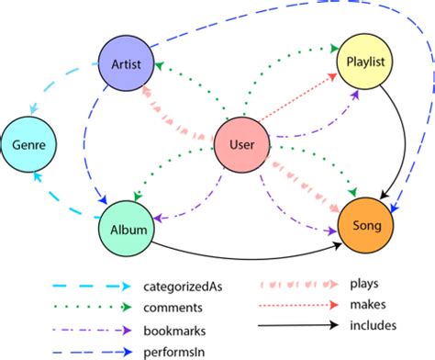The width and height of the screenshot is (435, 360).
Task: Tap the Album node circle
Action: (x=124, y=230)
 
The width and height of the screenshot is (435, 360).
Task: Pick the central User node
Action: (x=241, y=145)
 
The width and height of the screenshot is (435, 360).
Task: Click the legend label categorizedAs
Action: (x=188, y=286)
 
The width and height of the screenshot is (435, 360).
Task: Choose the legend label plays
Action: (x=366, y=285)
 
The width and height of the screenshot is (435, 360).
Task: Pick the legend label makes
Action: (x=368, y=305)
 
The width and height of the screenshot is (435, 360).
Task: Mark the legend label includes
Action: (x=373, y=325)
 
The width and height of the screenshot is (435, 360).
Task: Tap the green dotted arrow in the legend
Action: (x=92, y=306)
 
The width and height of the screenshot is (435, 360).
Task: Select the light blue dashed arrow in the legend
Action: (x=92, y=286)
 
